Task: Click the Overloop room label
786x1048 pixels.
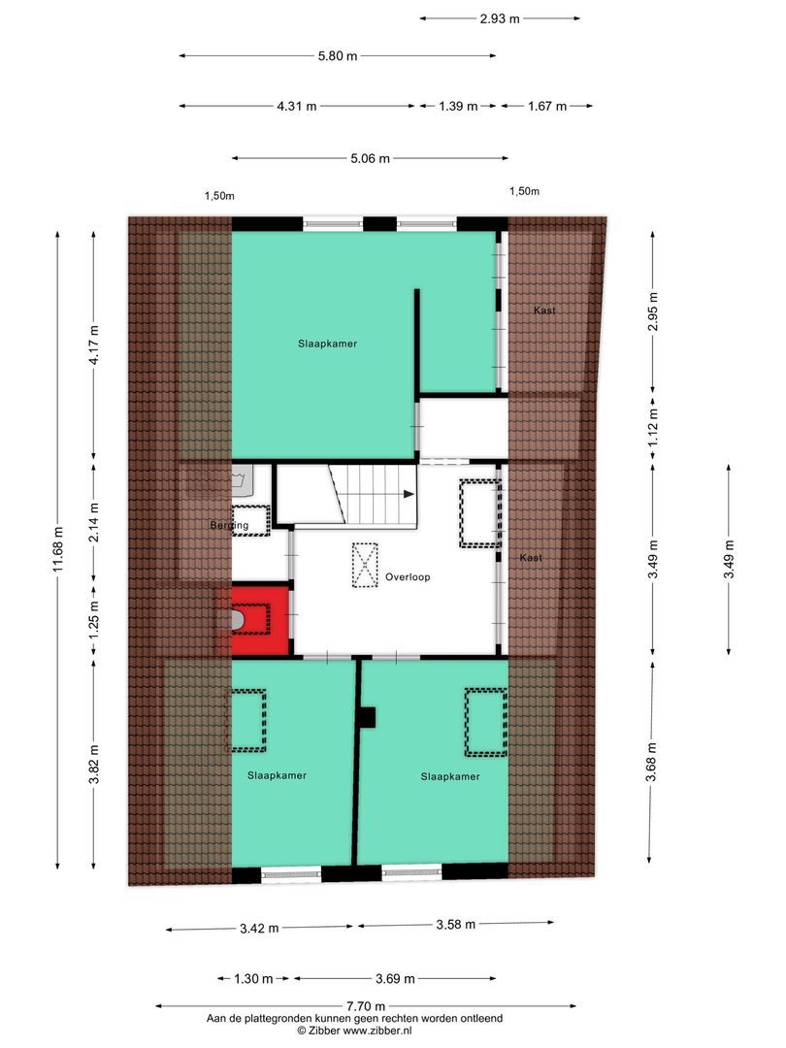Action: pyautogui.click(x=406, y=576)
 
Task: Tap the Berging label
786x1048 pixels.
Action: pyautogui.click(x=229, y=526)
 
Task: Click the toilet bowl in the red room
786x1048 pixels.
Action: pyautogui.click(x=237, y=619)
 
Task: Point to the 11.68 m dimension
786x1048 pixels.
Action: pyautogui.click(x=58, y=551)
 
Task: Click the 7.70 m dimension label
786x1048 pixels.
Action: pyautogui.click(x=366, y=1006)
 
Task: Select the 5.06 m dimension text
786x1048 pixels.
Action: pyautogui.click(x=370, y=158)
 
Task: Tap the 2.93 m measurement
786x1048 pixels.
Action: pyautogui.click(x=501, y=18)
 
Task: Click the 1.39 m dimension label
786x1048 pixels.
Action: pyautogui.click(x=458, y=107)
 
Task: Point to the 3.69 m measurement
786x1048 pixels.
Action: pyautogui.click(x=396, y=979)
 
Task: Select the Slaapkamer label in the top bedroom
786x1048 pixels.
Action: pyautogui.click(x=321, y=344)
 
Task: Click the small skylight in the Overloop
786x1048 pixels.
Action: pyautogui.click(x=364, y=565)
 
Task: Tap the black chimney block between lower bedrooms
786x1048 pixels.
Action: pyautogui.click(x=367, y=717)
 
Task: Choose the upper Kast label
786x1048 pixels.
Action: pyautogui.click(x=544, y=311)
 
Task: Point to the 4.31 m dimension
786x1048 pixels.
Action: pyautogui.click(x=297, y=107)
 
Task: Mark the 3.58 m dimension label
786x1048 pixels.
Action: pyautogui.click(x=455, y=925)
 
